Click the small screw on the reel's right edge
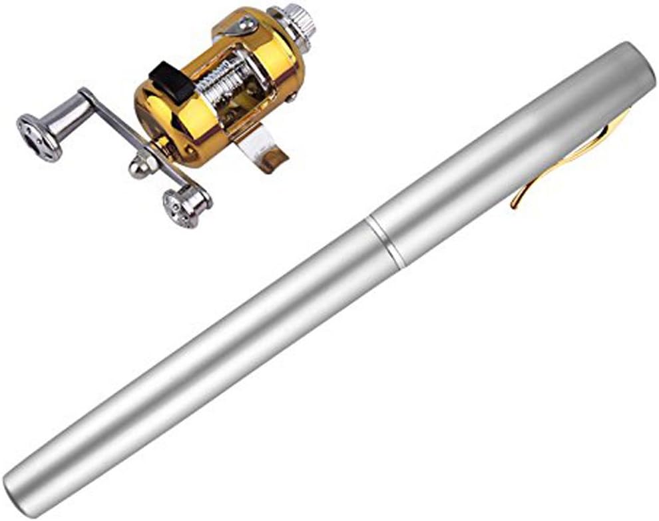tap(291, 98)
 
